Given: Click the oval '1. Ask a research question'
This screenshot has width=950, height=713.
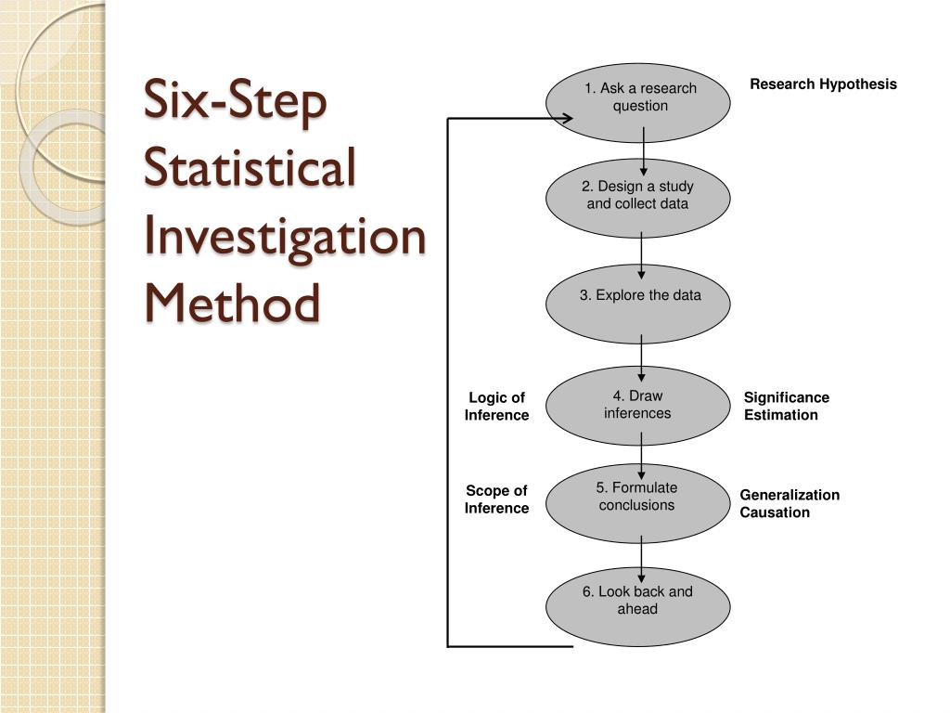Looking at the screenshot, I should [x=638, y=101].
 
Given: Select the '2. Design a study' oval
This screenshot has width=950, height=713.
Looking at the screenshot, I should [x=638, y=198].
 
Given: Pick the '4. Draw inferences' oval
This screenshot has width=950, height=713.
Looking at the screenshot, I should [x=638, y=406].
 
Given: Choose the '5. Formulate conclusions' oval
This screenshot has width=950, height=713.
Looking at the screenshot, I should [x=638, y=502].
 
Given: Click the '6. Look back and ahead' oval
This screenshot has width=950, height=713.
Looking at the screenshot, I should [x=638, y=605].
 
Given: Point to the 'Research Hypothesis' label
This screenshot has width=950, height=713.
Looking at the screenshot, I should [x=823, y=84].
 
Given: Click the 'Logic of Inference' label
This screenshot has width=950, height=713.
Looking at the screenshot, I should [x=496, y=407].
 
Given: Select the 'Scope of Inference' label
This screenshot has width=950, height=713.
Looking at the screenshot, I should [x=496, y=499].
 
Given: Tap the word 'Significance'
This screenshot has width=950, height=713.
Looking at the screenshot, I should [x=786, y=397].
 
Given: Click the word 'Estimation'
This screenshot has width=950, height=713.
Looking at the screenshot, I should [x=780, y=415].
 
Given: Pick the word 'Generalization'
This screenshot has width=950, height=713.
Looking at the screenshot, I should [x=789, y=495].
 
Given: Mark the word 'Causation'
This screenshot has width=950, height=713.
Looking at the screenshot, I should [x=774, y=512].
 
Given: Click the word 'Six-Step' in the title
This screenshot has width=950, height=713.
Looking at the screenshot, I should [x=236, y=101].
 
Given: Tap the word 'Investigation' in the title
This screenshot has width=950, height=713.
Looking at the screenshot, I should [x=285, y=236].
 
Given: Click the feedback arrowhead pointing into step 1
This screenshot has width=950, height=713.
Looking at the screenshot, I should [x=562, y=119].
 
